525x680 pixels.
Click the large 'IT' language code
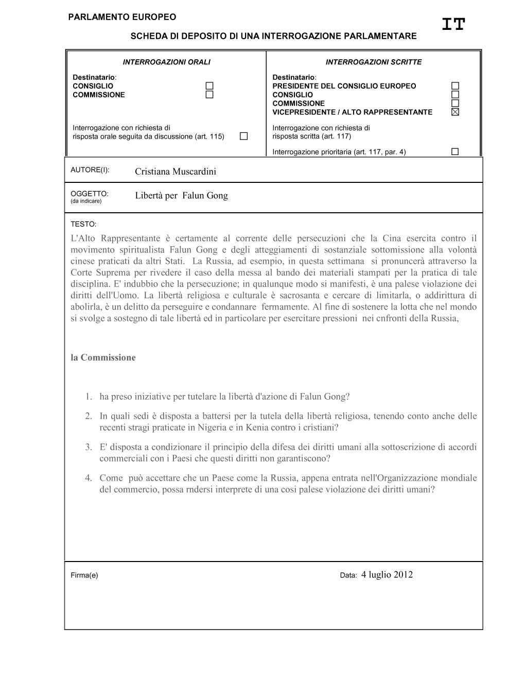tap(453, 24)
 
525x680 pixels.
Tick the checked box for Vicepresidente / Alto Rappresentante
tap(455, 112)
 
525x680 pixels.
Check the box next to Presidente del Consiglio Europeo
tap(455, 86)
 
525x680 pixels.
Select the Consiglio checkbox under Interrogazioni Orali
tap(209, 86)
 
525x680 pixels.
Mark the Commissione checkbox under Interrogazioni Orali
tap(209, 95)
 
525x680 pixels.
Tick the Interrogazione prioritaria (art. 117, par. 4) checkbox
tap(455, 152)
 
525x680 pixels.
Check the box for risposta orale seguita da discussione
tap(243, 137)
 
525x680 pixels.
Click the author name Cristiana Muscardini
tap(176, 172)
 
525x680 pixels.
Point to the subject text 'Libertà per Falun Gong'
tap(181, 196)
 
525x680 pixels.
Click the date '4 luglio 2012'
tap(387, 575)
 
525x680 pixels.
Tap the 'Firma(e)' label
tap(84, 575)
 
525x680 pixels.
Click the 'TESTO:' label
tap(83, 225)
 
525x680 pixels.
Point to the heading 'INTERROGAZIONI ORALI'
tap(166, 62)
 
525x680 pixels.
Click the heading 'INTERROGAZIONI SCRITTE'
tap(373, 62)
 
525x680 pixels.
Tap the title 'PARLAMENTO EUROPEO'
tap(122, 17)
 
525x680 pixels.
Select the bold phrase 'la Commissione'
tap(103, 358)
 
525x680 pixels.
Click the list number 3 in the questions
tap(89, 447)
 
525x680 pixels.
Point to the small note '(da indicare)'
tap(86, 201)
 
